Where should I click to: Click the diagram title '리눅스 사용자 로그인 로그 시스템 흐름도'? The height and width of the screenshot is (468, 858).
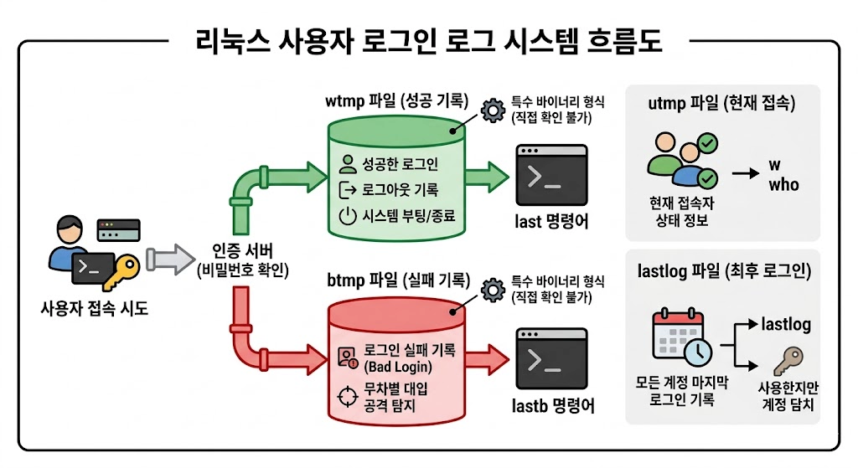[428, 39]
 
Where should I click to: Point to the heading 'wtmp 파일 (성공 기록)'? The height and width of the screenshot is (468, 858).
[396, 101]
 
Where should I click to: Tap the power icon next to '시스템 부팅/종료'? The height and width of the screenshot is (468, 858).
[347, 215]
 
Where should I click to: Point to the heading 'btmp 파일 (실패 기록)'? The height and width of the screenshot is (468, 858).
[396, 280]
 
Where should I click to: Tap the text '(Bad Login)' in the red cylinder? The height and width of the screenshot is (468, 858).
[397, 366]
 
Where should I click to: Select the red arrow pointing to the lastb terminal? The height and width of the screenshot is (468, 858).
[486, 360]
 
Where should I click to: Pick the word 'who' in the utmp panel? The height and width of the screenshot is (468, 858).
[783, 184]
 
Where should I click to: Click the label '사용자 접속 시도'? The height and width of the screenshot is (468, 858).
[94, 309]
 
